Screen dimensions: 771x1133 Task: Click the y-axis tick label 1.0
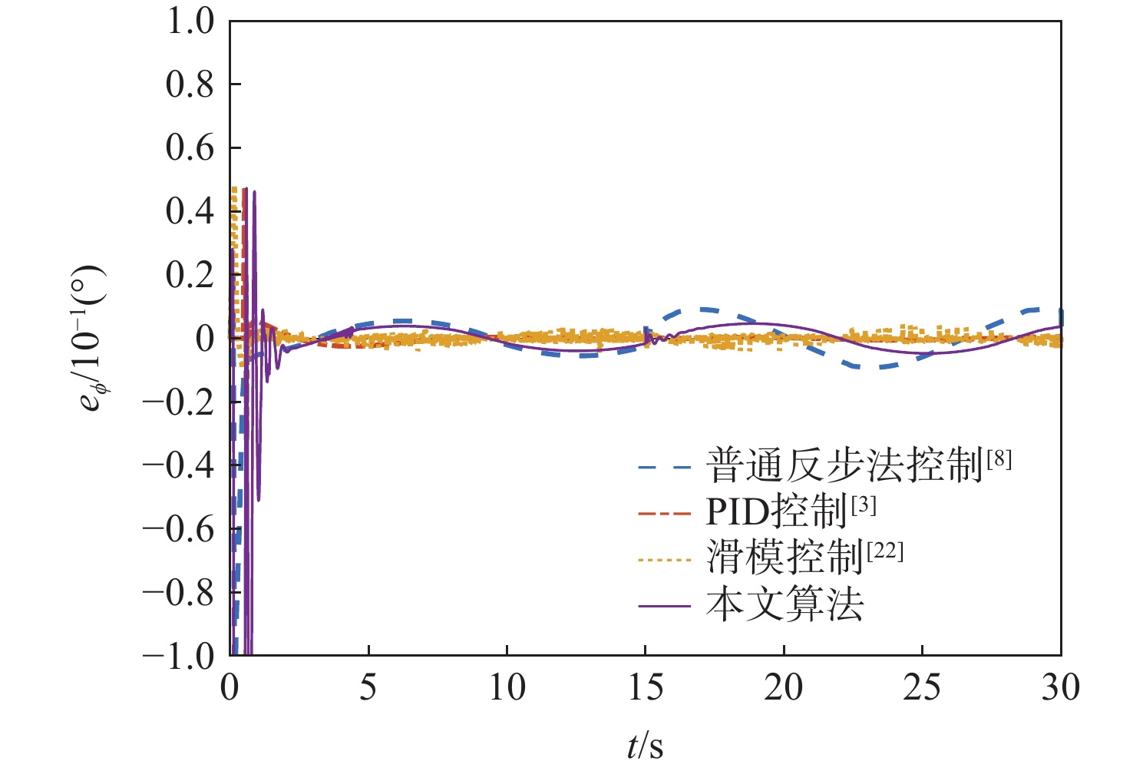(190, 22)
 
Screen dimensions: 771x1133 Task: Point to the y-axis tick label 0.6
(190, 147)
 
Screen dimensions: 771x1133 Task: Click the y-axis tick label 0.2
(190, 275)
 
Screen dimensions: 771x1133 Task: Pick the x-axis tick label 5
(368, 688)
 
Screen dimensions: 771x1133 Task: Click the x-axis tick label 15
(645, 688)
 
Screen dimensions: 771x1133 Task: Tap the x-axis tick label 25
(921, 688)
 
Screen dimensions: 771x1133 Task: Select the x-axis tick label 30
(1060, 688)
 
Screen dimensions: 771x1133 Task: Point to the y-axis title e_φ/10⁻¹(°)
(91, 338)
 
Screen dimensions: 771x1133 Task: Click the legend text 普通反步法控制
(844, 466)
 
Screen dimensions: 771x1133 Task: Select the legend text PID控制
(776, 511)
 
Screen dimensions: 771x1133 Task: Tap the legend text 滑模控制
(785, 558)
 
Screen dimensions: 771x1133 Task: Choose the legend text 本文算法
(785, 605)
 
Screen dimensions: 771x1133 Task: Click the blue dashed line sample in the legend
(665, 466)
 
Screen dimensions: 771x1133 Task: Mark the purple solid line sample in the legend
(665, 606)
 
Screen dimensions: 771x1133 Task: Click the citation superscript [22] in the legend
(885, 550)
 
